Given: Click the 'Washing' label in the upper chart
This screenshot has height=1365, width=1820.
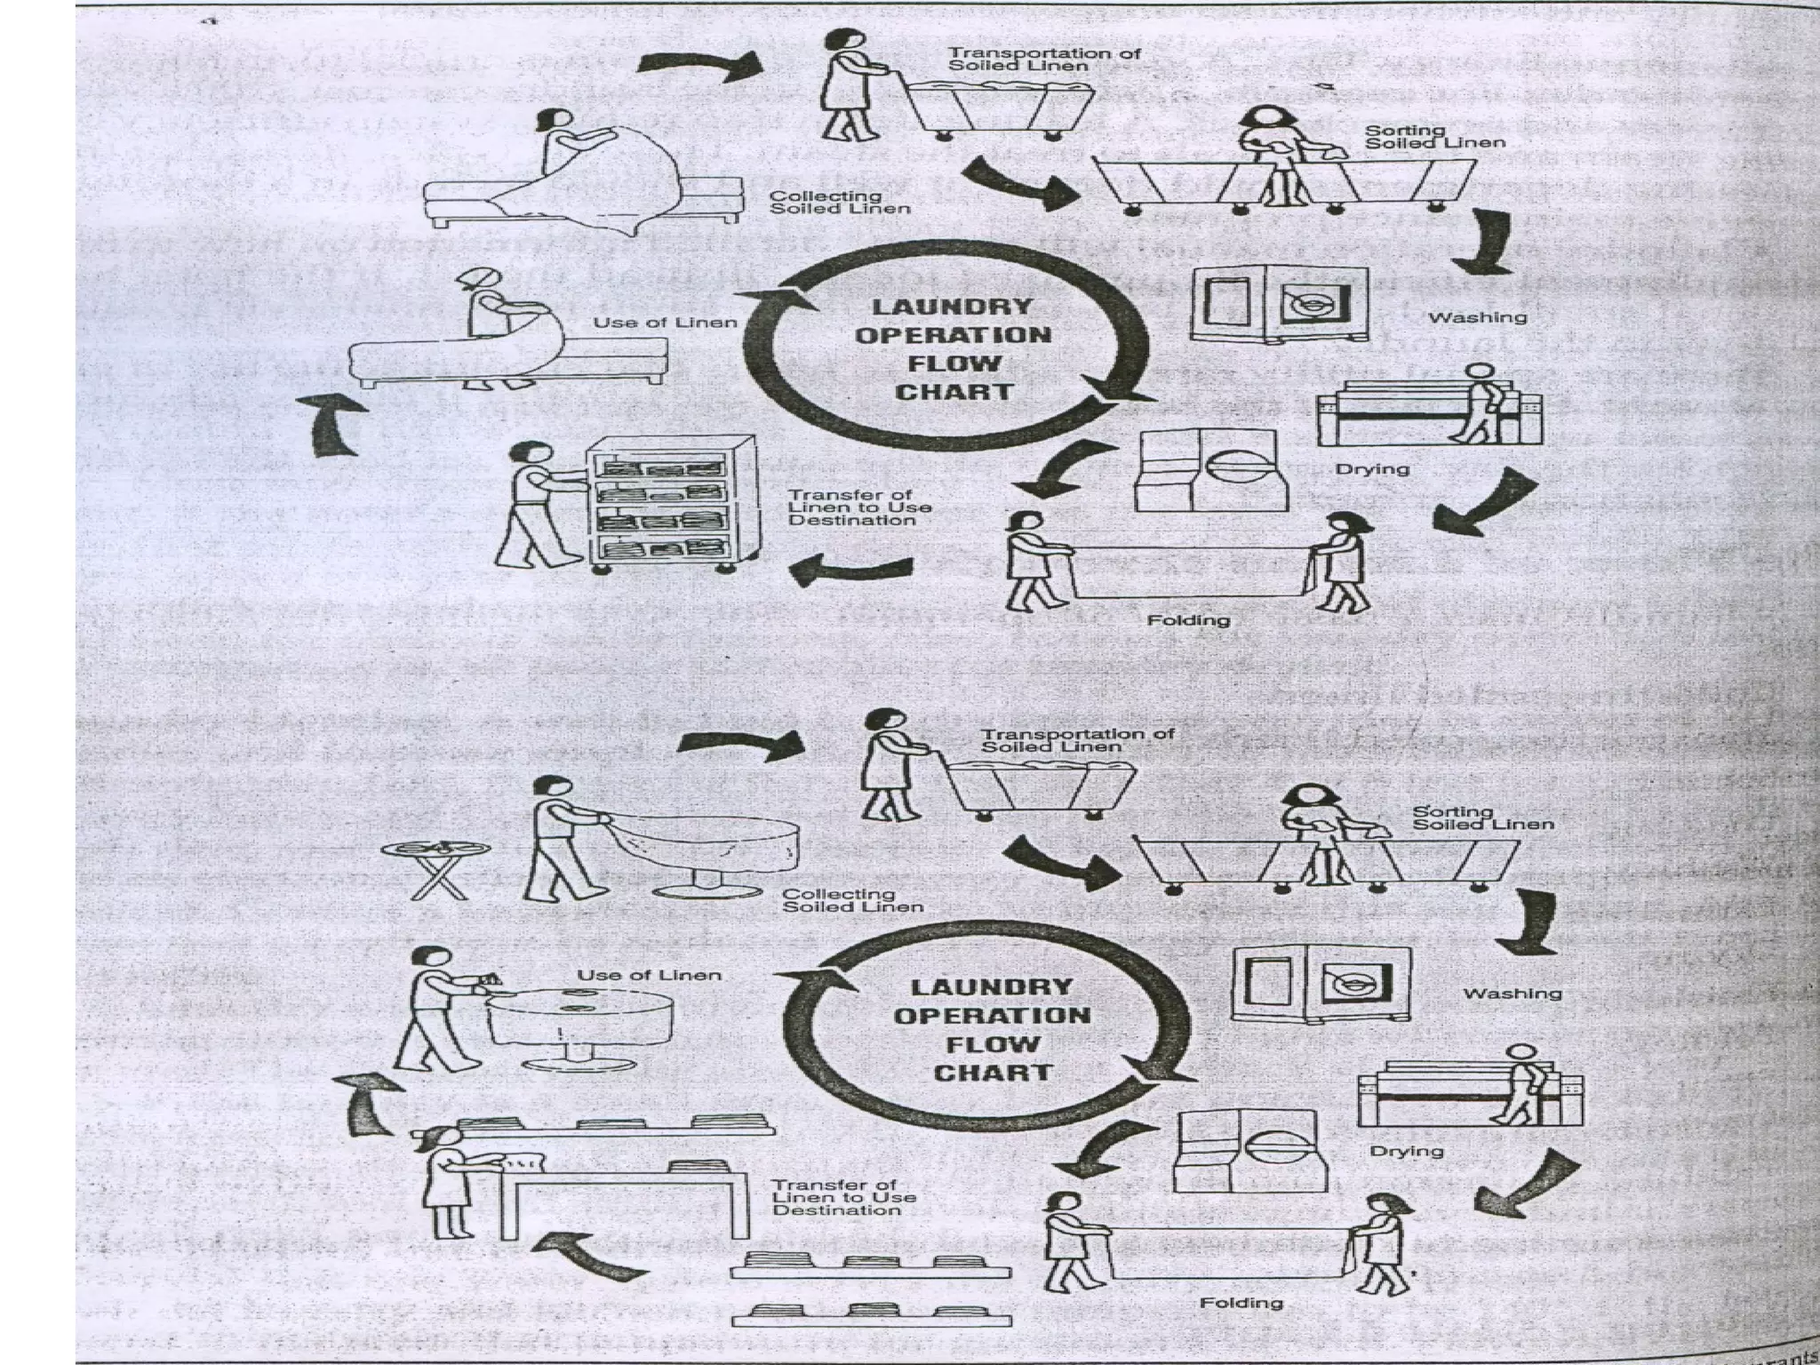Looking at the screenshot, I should click(x=1478, y=317).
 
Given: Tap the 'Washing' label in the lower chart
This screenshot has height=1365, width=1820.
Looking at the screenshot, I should click(x=1512, y=993).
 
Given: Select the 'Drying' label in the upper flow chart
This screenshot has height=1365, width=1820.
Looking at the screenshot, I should click(x=1372, y=468).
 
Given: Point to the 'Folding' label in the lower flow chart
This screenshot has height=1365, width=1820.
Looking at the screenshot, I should click(x=1241, y=1303).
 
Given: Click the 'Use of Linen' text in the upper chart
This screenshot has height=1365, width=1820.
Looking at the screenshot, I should click(x=665, y=323).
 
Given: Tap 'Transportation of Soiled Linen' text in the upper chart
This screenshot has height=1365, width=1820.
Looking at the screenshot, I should click(x=1043, y=60).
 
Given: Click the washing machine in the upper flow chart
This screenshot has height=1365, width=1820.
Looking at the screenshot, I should click(x=1277, y=302).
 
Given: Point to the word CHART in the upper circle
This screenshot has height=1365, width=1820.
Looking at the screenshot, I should click(x=954, y=392).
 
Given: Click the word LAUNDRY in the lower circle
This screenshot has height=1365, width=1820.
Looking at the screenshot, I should click(x=991, y=987).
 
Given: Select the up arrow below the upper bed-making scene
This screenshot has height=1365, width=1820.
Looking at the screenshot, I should click(x=336, y=425).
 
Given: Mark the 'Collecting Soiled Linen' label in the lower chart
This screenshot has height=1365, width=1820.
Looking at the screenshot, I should click(x=852, y=900).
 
